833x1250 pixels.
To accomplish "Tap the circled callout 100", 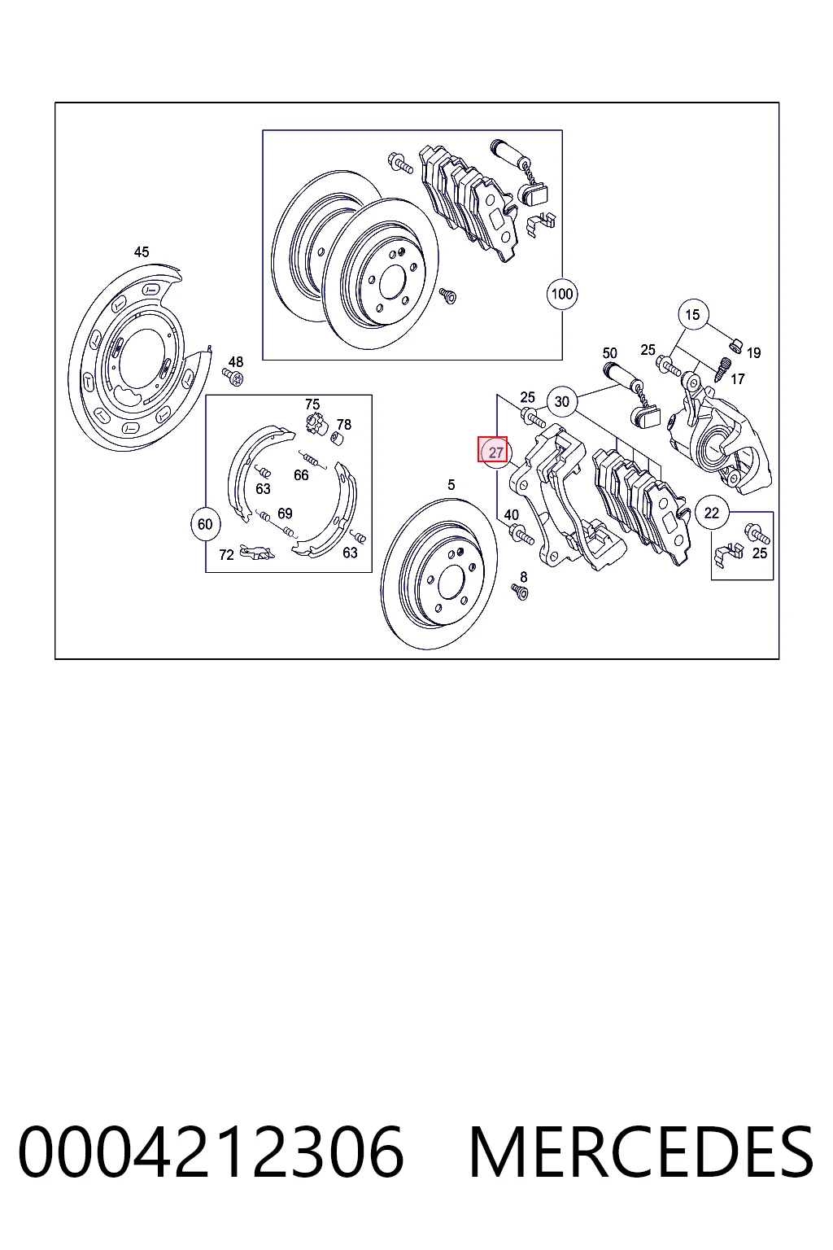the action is [562, 294].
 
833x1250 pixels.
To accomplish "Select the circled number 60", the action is [205, 524].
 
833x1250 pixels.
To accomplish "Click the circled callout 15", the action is [692, 315].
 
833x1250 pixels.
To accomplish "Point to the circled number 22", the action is [711, 512].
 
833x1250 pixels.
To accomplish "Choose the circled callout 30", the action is [562, 401].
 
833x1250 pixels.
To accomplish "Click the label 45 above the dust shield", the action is [142, 252].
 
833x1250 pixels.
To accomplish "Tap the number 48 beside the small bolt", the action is [236, 362].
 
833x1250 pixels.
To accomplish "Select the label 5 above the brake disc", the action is [451, 485].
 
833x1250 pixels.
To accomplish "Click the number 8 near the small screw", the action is [523, 577].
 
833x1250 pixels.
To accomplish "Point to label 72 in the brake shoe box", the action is [226, 555].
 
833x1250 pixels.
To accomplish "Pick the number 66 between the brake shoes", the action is [301, 475].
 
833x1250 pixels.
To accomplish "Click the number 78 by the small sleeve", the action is [344, 425].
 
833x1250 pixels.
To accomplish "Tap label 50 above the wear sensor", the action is [610, 353].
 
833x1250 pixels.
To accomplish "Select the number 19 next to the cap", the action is [754, 353].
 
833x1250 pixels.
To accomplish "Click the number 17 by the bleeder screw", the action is [738, 379].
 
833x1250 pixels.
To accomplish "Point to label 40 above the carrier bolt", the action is [512, 515].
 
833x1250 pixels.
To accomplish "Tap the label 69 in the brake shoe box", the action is [285, 514].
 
